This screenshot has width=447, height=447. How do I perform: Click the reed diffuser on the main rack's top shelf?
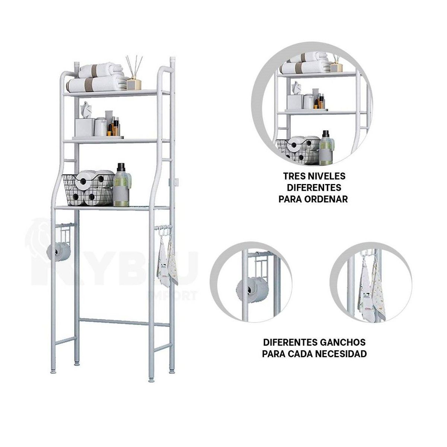point(133,74)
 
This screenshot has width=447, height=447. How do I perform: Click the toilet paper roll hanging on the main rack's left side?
point(59,252)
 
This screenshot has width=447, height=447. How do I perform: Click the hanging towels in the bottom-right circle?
point(371,291)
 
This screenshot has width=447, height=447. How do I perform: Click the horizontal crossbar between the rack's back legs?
point(125,322)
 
